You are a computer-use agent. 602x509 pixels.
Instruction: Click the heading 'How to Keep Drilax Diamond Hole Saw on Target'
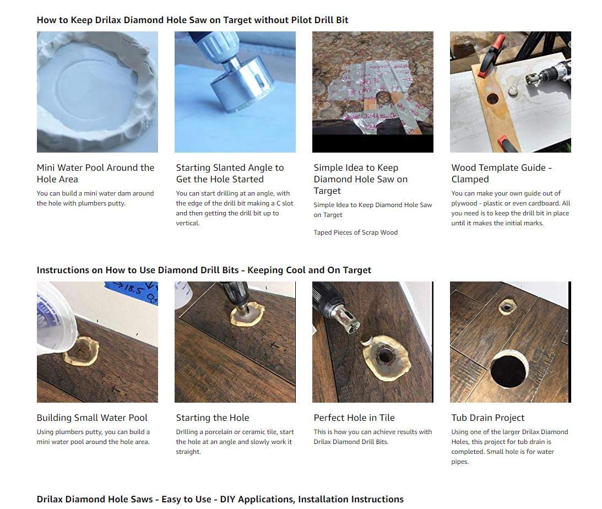(192, 20)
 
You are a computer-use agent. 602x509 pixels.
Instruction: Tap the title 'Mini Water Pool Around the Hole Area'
(95, 173)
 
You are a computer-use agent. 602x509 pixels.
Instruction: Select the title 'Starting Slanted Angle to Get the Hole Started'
(230, 173)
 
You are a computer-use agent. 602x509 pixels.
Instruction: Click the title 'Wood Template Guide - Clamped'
(501, 173)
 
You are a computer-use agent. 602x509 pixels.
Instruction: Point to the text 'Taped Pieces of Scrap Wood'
(355, 232)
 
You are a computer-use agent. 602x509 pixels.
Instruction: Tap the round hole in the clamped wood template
(492, 99)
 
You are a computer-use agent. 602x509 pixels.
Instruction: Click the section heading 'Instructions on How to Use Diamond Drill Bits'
(204, 270)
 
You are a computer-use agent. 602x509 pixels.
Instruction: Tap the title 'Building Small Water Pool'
(92, 418)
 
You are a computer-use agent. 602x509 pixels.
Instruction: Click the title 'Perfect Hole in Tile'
(354, 418)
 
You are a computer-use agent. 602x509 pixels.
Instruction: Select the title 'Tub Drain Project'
(487, 418)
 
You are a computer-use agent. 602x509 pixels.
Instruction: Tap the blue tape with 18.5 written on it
(132, 292)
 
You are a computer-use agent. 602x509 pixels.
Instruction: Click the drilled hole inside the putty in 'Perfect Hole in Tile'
(384, 356)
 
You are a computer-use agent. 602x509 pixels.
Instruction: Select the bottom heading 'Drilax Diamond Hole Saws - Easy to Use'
(220, 499)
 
